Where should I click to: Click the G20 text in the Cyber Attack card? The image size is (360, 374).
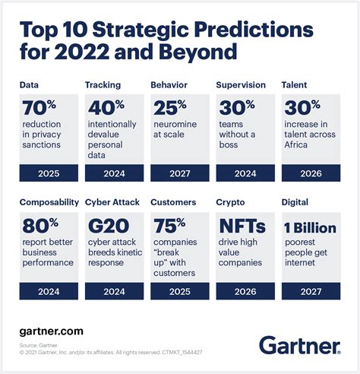106,226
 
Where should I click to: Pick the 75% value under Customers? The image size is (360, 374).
168,226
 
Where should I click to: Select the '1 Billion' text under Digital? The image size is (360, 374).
309,227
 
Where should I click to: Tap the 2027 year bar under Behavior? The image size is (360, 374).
180,173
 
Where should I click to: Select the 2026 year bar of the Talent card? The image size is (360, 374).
311,173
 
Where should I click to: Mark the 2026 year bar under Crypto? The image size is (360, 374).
245,293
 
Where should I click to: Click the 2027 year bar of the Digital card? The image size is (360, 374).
311,293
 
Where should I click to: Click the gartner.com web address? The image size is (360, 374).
52,331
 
